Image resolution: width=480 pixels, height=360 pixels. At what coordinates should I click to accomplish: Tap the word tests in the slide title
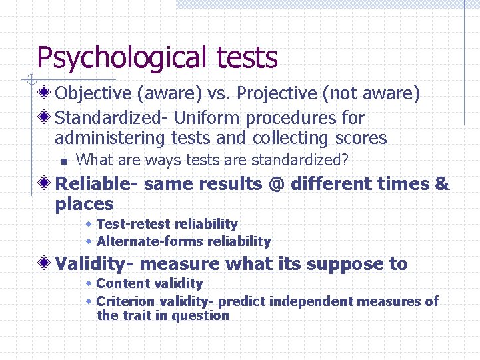(x=247, y=57)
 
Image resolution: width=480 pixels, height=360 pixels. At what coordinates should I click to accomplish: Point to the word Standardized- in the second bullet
(x=111, y=119)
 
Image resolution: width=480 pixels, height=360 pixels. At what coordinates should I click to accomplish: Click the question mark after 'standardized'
(x=345, y=161)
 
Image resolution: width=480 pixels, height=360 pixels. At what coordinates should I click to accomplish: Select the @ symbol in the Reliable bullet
(x=278, y=184)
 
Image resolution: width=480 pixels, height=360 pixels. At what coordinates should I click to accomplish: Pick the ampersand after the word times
(x=442, y=184)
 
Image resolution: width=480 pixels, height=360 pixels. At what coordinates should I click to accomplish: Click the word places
(x=84, y=204)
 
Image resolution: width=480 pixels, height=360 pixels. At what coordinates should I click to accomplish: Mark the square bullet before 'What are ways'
(x=63, y=161)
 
